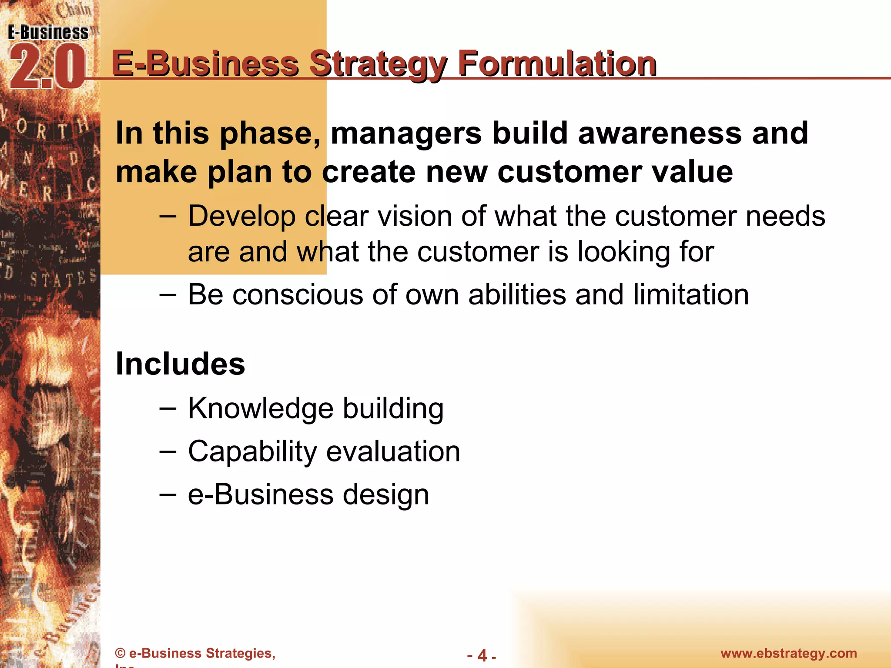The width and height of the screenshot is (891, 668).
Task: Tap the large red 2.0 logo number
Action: [x=47, y=67]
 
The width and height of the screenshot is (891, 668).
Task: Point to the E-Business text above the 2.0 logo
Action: [x=48, y=33]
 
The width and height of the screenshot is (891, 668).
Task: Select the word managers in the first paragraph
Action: [x=405, y=133]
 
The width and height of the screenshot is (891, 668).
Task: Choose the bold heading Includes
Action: [x=180, y=364]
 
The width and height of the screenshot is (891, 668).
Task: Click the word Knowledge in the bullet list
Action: [x=261, y=409]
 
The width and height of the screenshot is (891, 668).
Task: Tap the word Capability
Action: [x=252, y=452]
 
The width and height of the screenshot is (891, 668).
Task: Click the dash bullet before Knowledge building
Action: [x=167, y=408]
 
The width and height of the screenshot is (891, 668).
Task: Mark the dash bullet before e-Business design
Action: [x=167, y=494]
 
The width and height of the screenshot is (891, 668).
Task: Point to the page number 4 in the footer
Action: [x=482, y=655]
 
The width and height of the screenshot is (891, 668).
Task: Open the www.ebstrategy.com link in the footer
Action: [x=788, y=653]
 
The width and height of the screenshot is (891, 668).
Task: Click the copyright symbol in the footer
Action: [x=120, y=653]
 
